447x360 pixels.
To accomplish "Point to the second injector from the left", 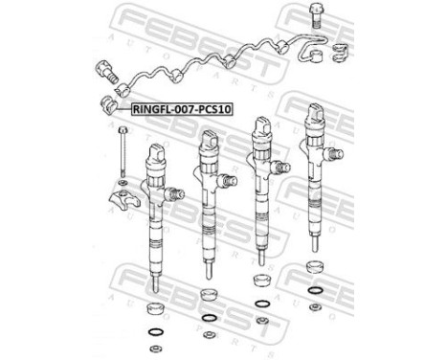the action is point(208,196).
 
